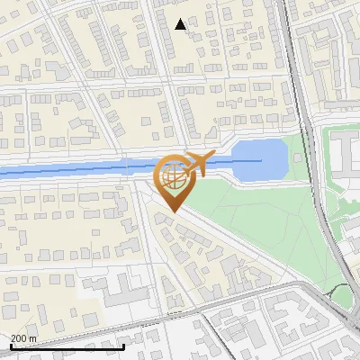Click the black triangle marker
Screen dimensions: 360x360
pyautogui.click(x=181, y=24)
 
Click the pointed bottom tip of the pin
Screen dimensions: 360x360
pyautogui.click(x=173, y=211)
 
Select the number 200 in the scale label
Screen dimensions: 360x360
pyautogui.click(x=20, y=338)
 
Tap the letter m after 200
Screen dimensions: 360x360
pyautogui.click(x=33, y=338)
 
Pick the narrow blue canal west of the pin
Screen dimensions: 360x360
pyautogui.click(x=72, y=168)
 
